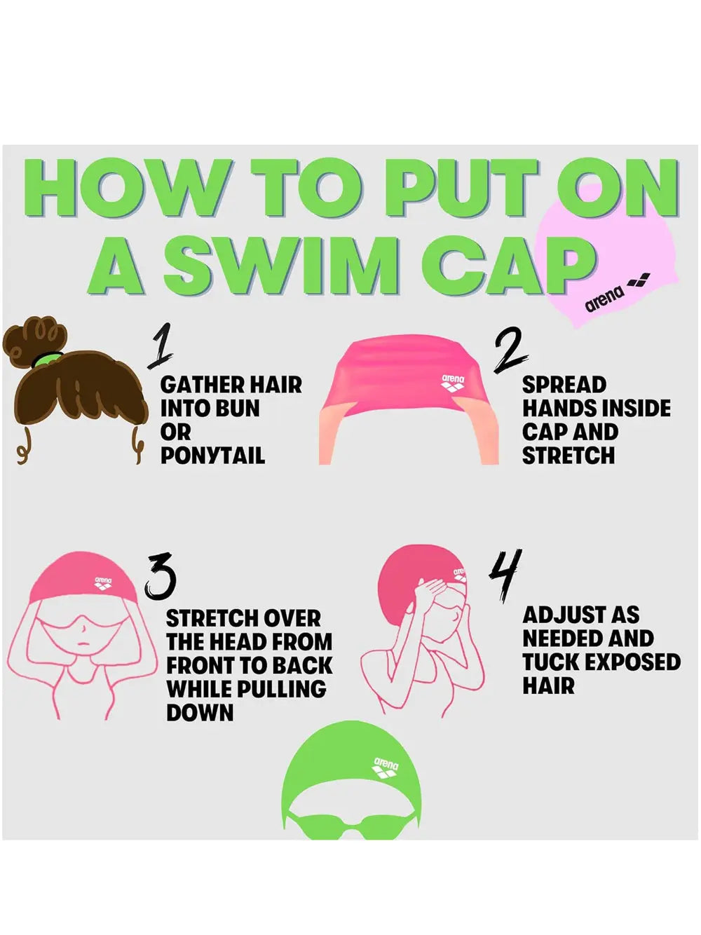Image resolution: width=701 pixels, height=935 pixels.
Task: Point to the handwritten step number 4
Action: pyautogui.click(x=505, y=575)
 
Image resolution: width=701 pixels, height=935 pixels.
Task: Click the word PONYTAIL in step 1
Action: pyautogui.click(x=212, y=456)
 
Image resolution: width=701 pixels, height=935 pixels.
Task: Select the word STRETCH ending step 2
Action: pyautogui.click(x=568, y=456)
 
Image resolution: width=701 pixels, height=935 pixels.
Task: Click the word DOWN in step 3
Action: pyautogui.click(x=200, y=713)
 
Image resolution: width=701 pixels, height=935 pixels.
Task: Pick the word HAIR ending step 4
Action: pyautogui.click(x=549, y=685)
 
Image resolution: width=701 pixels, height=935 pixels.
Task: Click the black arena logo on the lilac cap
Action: pyautogui.click(x=617, y=294)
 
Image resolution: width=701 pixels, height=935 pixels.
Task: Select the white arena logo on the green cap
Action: pyautogui.click(x=386, y=768)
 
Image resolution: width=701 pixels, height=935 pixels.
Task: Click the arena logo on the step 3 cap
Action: pyautogui.click(x=103, y=582)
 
